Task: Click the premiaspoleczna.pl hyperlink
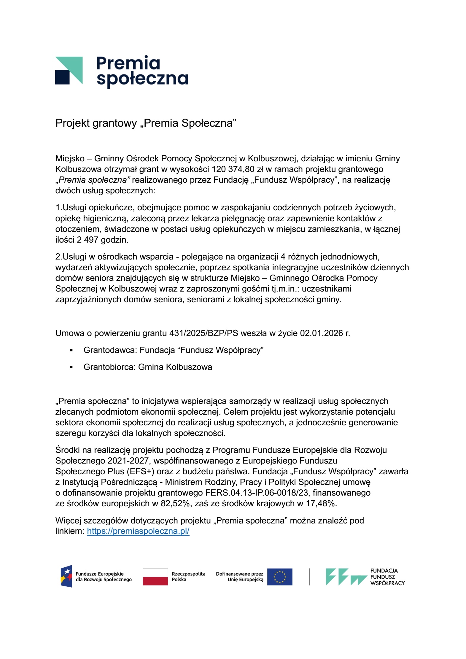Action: point(138,531)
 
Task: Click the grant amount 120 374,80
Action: point(233,169)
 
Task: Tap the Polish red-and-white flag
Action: point(155,577)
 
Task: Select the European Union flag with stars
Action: point(279,577)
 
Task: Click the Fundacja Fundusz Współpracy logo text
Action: point(387,577)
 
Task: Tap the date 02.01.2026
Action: point(322,333)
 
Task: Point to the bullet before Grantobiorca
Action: point(71,367)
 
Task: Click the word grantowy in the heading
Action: point(115,123)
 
